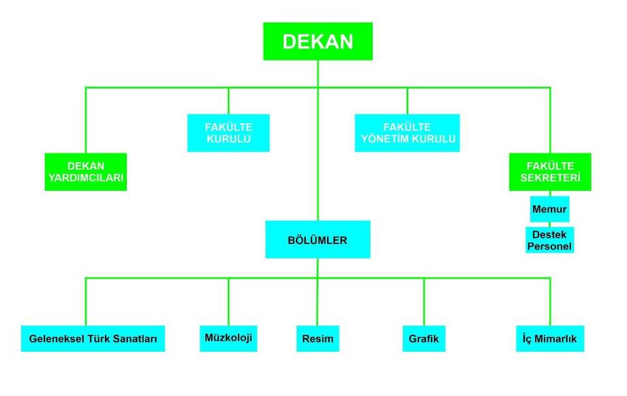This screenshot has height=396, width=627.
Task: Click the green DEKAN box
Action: click(x=318, y=41)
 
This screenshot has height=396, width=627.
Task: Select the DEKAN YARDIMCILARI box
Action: click(x=86, y=172)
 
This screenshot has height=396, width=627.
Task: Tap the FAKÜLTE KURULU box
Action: click(x=228, y=133)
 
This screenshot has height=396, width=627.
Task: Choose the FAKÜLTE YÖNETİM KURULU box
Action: click(x=407, y=133)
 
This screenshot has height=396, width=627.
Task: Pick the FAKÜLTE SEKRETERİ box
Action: click(x=550, y=172)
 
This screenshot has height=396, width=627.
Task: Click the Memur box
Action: click(x=549, y=209)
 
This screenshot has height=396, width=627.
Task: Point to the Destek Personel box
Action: click(x=549, y=240)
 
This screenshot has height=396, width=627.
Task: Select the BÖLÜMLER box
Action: click(x=318, y=239)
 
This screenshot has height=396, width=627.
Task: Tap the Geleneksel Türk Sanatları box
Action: click(x=93, y=338)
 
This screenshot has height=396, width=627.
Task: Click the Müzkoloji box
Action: click(x=228, y=338)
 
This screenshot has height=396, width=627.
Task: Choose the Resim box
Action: click(x=318, y=338)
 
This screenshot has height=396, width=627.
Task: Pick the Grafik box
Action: click(x=424, y=338)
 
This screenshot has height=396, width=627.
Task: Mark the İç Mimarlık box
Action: click(x=550, y=338)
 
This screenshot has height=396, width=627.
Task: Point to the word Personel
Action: click(x=549, y=246)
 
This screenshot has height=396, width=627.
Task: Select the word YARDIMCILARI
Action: click(x=86, y=178)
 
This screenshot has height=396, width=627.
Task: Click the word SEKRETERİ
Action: click(x=550, y=178)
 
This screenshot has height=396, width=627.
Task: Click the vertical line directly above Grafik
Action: click(x=424, y=301)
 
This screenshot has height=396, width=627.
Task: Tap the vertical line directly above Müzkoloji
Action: click(x=228, y=301)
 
